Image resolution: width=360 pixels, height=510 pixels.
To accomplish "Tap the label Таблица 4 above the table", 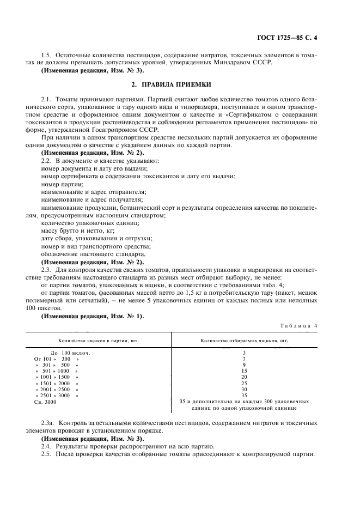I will point(298,326).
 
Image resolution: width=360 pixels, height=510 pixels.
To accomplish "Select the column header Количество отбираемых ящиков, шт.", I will point(245,341).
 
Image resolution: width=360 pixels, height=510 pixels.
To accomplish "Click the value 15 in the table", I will point(244,371).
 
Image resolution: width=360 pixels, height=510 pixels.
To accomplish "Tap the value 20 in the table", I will point(244,377).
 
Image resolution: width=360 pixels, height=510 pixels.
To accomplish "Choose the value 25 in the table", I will point(244,383).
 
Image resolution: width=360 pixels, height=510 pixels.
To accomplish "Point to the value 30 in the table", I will point(244,389).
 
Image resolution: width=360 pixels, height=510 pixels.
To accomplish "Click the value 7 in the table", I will point(244,359).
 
